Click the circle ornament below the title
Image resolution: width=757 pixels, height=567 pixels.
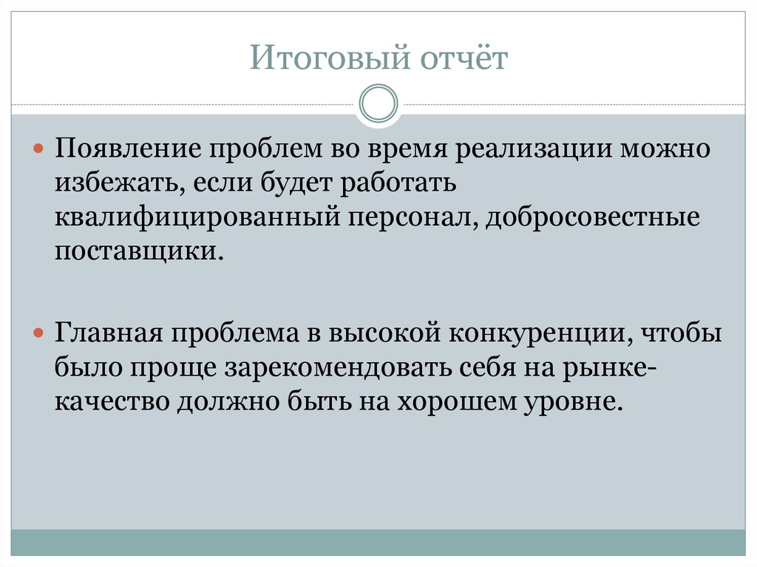pos(378,104)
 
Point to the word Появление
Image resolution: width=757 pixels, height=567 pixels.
pos(123,150)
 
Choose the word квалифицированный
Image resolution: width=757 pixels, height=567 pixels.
pos(195,218)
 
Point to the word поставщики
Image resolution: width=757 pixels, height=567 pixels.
pos(137,252)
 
